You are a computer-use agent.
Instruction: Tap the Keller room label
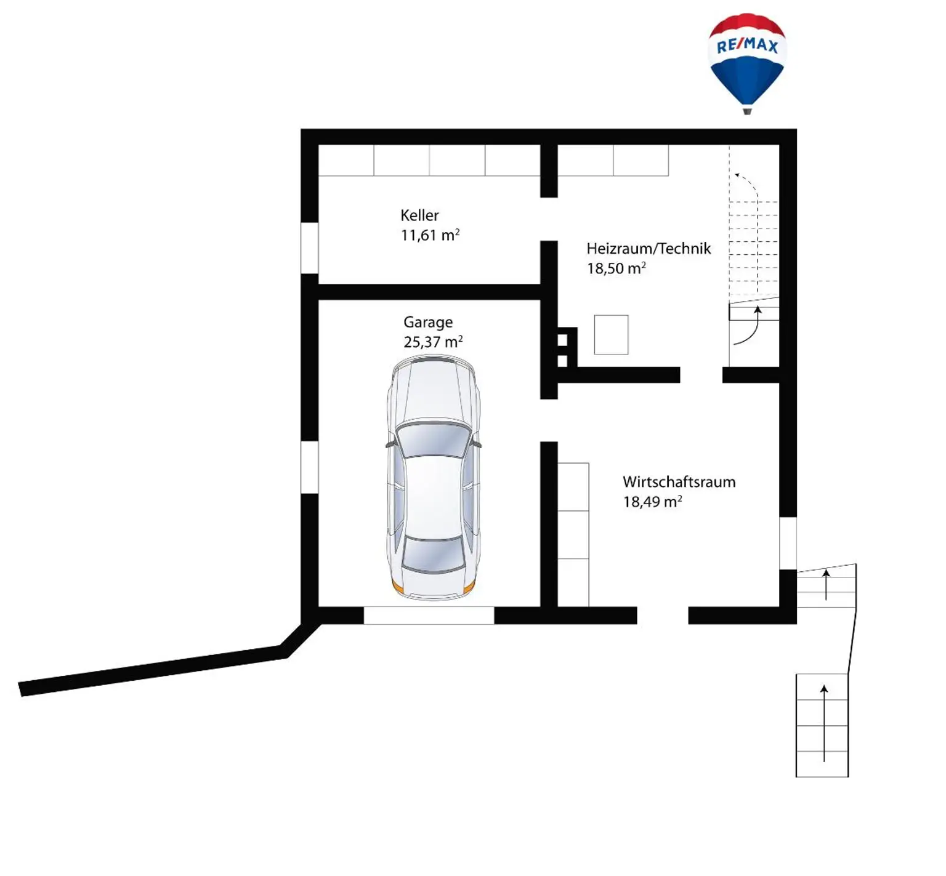coord(419,215)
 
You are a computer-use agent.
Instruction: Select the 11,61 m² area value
coord(430,235)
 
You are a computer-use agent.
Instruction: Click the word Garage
coord(428,323)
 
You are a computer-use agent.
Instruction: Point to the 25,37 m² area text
coord(433,342)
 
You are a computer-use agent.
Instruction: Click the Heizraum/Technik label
coord(649,249)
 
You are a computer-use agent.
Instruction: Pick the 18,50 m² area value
coord(616,268)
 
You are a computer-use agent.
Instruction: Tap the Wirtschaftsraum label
coord(679,481)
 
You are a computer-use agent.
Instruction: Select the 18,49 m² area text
coord(652,501)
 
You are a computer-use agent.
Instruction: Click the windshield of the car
coord(433,440)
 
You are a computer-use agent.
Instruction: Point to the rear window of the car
coord(433,553)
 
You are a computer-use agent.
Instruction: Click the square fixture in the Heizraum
coord(611,335)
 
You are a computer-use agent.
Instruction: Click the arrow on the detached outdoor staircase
coord(824,723)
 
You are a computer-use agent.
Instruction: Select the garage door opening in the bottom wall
coord(429,616)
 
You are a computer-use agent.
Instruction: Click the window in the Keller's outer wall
coord(309,247)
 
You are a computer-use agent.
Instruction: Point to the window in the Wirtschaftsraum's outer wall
coord(788,543)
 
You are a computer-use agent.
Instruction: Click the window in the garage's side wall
coord(309,467)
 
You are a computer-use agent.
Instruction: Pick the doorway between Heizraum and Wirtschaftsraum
coord(701,375)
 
